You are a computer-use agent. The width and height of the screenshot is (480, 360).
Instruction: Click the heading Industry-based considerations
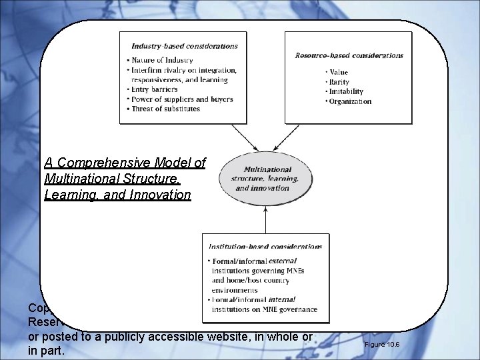(x=184, y=46)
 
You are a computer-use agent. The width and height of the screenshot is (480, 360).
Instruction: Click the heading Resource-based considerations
(x=349, y=55)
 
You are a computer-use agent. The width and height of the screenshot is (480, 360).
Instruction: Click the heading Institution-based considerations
(x=266, y=247)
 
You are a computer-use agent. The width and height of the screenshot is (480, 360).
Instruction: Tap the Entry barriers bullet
(x=155, y=89)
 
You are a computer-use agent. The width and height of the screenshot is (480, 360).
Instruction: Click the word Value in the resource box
(x=339, y=71)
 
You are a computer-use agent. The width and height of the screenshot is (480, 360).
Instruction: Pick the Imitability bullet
(x=346, y=91)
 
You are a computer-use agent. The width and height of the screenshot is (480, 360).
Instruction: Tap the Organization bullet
(x=350, y=101)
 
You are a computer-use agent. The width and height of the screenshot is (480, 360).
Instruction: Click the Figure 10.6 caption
(x=381, y=345)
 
